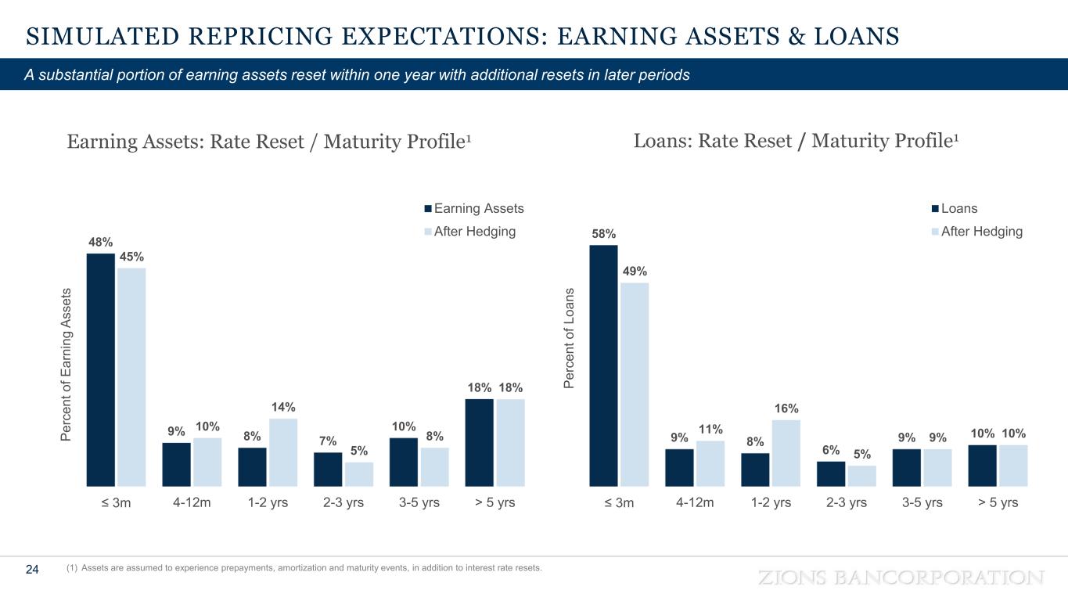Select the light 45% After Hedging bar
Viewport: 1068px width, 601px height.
pyautogui.click(x=131, y=376)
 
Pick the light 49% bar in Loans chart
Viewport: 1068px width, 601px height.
pyautogui.click(x=635, y=384)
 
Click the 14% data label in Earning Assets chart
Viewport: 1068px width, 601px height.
pyautogui.click(x=283, y=407)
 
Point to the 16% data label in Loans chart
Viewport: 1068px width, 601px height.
pyautogui.click(x=786, y=408)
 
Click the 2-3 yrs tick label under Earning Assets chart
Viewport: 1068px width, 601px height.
pyautogui.click(x=343, y=502)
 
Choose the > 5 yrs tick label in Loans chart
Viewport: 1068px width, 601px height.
pyautogui.click(x=998, y=502)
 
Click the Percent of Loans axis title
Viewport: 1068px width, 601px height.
pyautogui.click(x=569, y=336)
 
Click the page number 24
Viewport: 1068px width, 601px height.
pyautogui.click(x=33, y=570)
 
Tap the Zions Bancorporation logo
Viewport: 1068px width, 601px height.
pyautogui.click(x=901, y=578)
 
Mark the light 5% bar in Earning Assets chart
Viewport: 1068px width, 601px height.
pyautogui.click(x=358, y=474)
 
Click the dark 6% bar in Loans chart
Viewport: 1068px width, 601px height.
pyautogui.click(x=831, y=473)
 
